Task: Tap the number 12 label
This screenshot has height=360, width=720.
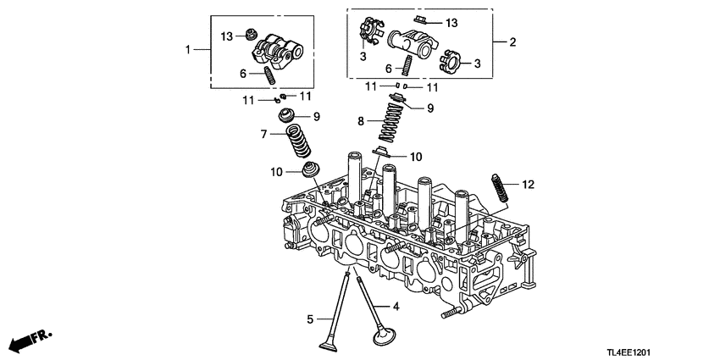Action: click(528, 184)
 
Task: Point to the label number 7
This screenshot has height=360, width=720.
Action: click(263, 134)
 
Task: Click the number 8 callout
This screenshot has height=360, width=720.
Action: click(362, 122)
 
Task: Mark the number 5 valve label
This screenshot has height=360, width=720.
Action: click(311, 318)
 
